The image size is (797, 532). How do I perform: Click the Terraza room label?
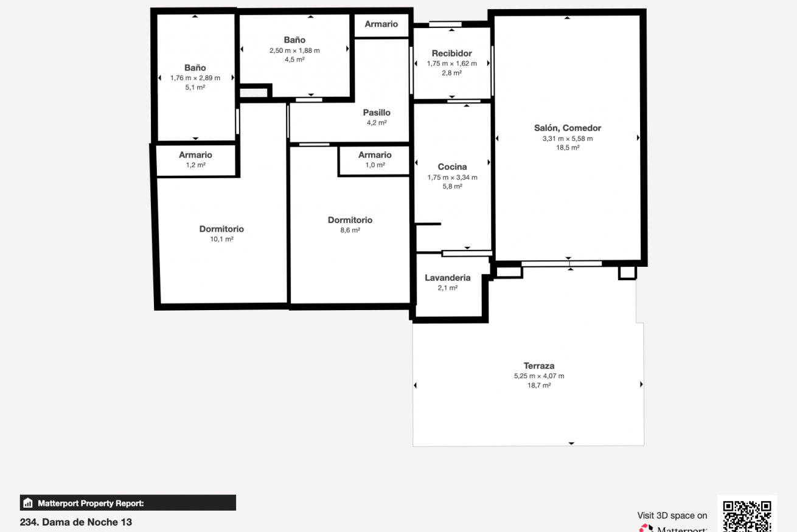click(538, 365)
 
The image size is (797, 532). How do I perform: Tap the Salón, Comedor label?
click(568, 128)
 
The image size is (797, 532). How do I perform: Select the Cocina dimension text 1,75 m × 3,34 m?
click(452, 177)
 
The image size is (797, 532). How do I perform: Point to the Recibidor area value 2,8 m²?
click(452, 73)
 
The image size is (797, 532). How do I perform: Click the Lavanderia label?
click(448, 278)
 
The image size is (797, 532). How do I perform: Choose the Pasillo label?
click(377, 112)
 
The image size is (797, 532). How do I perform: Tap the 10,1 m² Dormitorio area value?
click(221, 239)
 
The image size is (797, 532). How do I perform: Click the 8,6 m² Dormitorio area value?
click(350, 230)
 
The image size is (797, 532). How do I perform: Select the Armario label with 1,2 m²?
click(195, 155)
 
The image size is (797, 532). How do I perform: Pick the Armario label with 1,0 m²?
click(375, 155)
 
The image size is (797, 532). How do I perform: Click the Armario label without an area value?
click(381, 24)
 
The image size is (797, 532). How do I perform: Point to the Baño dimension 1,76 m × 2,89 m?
click(195, 78)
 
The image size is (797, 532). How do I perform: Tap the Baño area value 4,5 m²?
click(294, 60)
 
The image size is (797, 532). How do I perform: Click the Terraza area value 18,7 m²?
click(539, 385)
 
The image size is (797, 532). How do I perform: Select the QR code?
click(747, 516)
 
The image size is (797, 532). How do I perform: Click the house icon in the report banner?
click(28, 503)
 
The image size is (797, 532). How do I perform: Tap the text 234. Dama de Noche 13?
click(76, 522)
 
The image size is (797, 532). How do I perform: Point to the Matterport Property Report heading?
click(91, 503)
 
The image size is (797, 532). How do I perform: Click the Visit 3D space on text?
click(672, 516)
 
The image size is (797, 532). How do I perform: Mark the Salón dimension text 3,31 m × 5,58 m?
click(568, 139)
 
